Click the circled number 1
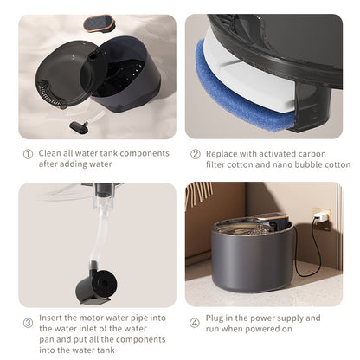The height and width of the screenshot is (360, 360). click(x=27, y=153)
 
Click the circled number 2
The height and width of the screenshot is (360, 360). click(x=196, y=153)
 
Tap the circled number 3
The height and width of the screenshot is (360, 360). click(x=27, y=323)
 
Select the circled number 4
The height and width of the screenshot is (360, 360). click(x=196, y=323)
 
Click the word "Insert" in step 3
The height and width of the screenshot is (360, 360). click(x=52, y=318)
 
